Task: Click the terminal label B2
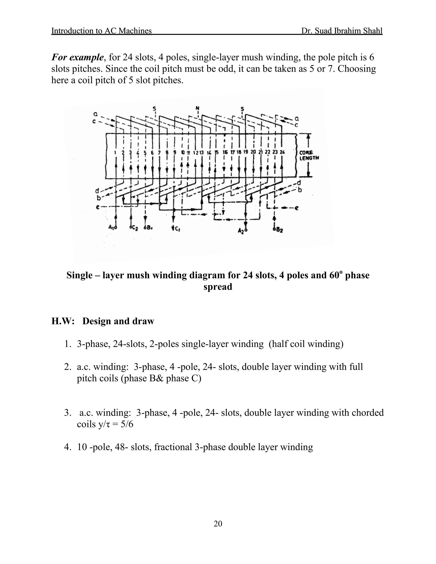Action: click(x=278, y=229)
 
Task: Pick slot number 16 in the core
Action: click(x=225, y=153)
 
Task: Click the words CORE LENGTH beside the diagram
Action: click(x=309, y=155)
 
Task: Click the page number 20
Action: click(x=218, y=524)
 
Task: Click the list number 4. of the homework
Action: click(x=67, y=447)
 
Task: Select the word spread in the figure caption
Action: click(x=218, y=287)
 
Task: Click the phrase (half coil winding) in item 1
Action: click(x=306, y=344)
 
